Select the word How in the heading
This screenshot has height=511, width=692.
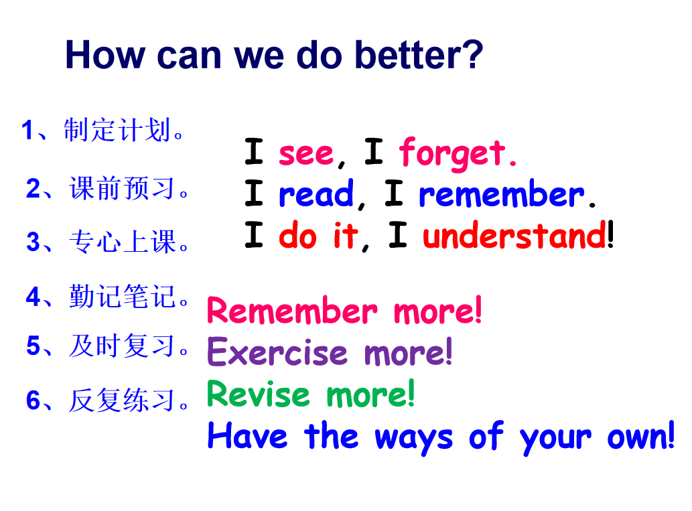pyautogui.click(x=105, y=55)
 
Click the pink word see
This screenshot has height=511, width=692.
pyautogui.click(x=306, y=154)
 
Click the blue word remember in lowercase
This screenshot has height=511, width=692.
pyautogui.click(x=501, y=194)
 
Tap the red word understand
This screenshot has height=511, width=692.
pyautogui.click(x=514, y=235)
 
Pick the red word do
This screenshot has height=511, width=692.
pyautogui.click(x=297, y=235)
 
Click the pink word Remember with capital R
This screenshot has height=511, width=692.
pyautogui.click(x=292, y=310)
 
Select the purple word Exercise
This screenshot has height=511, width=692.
pyautogui.click(x=277, y=352)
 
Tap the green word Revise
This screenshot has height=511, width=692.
pyautogui.click(x=259, y=393)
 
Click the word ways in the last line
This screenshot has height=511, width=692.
pyautogui.click(x=414, y=439)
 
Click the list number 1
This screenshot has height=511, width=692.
pyautogui.click(x=27, y=130)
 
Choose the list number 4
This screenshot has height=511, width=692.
pyautogui.click(x=33, y=297)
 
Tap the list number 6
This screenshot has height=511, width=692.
pyautogui.click(x=33, y=400)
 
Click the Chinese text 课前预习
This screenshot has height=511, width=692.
pyautogui.click(x=122, y=188)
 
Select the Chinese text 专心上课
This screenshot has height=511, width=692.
pyautogui.click(x=122, y=241)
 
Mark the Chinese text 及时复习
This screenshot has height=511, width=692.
pyautogui.click(x=122, y=346)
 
